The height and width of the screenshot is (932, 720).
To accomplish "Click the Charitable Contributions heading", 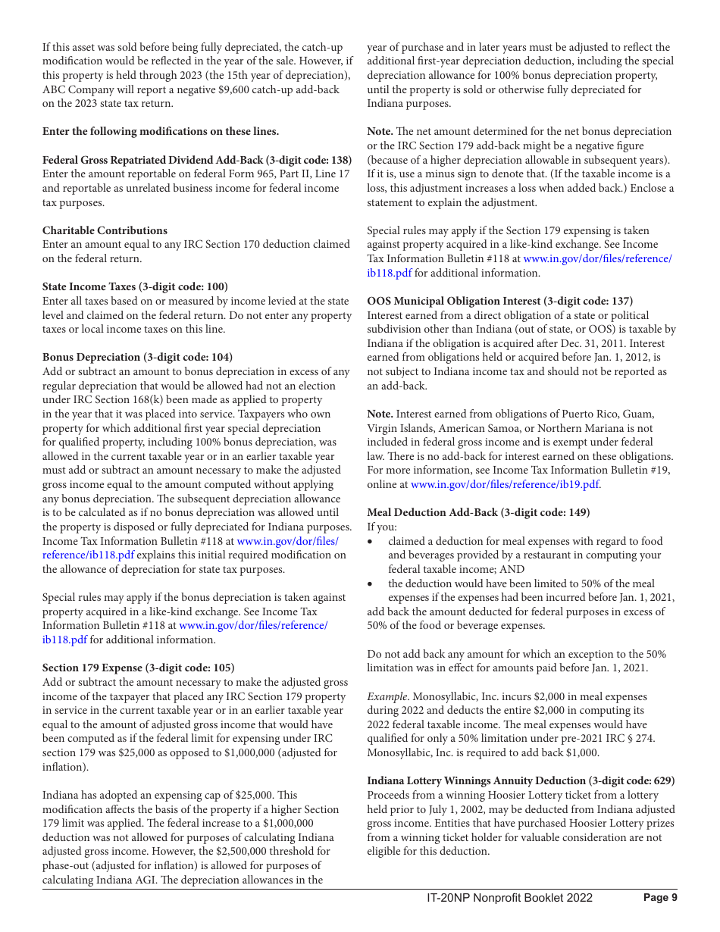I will click(105, 230).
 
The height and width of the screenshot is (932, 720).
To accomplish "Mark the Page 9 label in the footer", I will click(660, 898).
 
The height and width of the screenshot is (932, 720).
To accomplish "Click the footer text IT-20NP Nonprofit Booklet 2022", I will click(509, 898).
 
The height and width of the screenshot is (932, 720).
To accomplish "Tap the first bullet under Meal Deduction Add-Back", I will click(370, 542).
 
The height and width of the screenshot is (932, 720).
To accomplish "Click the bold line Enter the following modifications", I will click(161, 132).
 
